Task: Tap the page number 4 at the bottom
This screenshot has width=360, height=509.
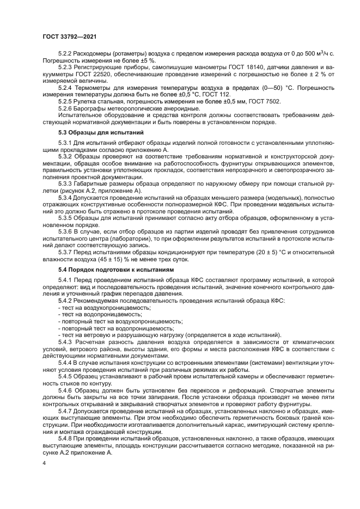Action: click(x=45, y=463)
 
